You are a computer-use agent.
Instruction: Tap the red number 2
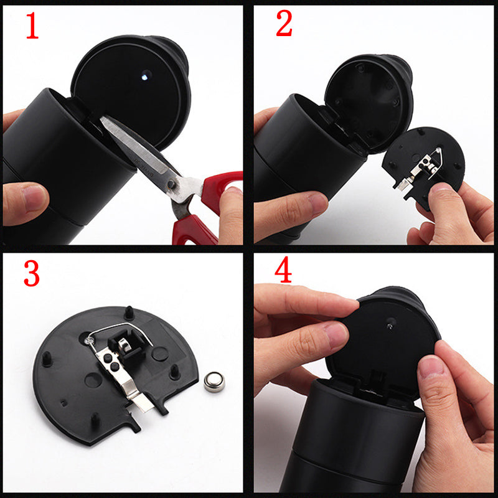click(283, 24)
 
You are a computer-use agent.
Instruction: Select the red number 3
click(32, 273)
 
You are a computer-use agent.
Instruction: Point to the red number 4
click(283, 271)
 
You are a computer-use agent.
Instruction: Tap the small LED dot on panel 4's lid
click(390, 322)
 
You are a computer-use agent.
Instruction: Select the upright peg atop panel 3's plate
click(128, 311)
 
